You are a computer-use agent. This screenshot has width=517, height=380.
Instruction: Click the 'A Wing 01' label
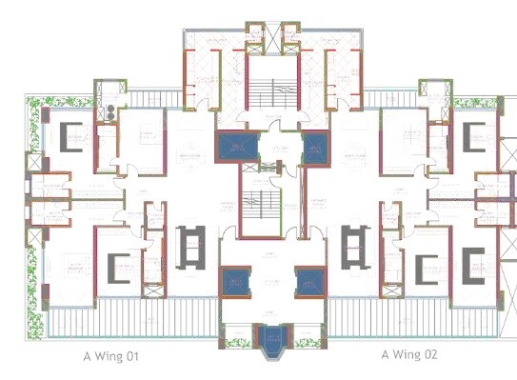[110, 355]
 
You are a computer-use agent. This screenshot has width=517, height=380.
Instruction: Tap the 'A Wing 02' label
[409, 355]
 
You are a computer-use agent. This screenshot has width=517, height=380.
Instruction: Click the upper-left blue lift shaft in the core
[231, 147]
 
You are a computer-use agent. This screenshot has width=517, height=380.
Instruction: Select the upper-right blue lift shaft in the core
[315, 147]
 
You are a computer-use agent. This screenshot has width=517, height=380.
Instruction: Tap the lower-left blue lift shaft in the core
[234, 282]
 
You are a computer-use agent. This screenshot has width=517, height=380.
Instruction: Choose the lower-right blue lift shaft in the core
[309, 282]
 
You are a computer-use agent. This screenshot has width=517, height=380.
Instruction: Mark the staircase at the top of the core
[272, 90]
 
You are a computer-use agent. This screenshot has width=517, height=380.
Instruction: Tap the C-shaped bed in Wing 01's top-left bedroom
[70, 136]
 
